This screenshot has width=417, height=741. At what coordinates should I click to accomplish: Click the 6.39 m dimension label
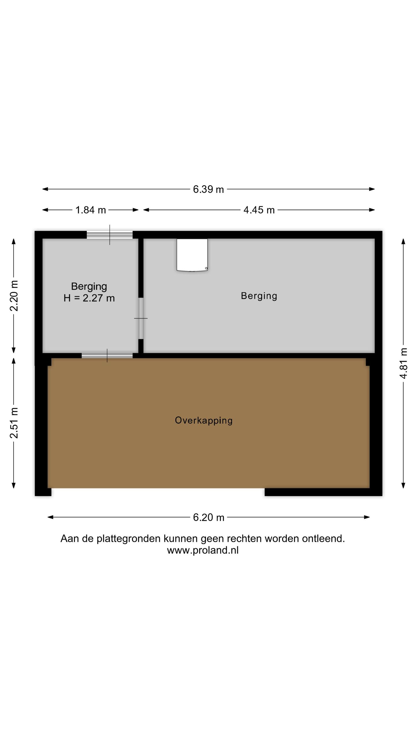[x=208, y=189]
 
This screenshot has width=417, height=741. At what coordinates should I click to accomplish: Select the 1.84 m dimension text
[x=90, y=210]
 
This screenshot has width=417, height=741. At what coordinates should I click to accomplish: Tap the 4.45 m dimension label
[x=259, y=210]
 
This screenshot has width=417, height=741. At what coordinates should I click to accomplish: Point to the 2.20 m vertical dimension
[x=14, y=296]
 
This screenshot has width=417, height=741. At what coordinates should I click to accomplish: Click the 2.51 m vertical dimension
[x=14, y=423]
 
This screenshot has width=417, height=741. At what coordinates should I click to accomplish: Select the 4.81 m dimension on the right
[x=403, y=363]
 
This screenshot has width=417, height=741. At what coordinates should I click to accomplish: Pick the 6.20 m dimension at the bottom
[x=209, y=517]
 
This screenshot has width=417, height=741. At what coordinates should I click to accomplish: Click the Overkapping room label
[x=204, y=420]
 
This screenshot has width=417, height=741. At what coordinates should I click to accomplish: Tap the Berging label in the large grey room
[x=259, y=296]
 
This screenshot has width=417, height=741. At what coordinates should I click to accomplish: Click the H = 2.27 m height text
[x=89, y=298]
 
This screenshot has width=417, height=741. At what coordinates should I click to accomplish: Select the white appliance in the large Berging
[x=192, y=255]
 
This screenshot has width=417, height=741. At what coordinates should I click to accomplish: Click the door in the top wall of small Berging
[x=110, y=235]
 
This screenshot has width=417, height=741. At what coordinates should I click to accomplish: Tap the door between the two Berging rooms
[x=141, y=318]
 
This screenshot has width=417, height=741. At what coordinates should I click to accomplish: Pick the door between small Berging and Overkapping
[x=107, y=355]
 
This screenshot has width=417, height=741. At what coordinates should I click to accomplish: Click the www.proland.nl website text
[x=203, y=550]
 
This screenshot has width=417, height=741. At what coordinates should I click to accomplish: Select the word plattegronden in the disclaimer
[x=129, y=539]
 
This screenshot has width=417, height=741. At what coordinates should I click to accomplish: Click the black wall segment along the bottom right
[x=323, y=492]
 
